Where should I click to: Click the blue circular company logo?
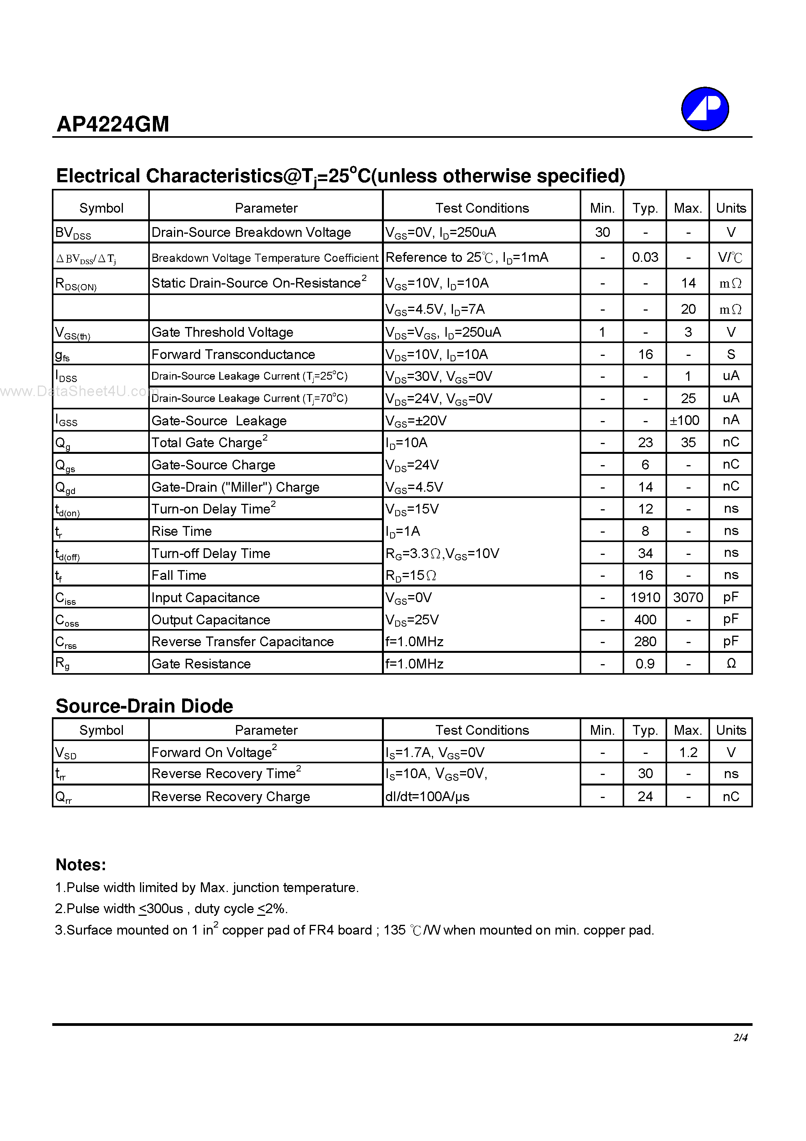click(705, 109)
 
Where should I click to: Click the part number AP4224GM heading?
click(113, 124)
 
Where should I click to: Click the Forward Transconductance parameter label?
click(233, 354)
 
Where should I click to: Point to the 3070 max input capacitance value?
click(688, 597)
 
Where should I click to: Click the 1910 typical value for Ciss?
click(644, 597)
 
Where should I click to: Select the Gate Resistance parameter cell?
click(201, 664)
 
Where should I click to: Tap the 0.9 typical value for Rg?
click(644, 664)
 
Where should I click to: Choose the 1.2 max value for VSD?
click(688, 752)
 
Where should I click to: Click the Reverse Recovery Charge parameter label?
click(231, 796)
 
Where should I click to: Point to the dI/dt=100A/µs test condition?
click(427, 796)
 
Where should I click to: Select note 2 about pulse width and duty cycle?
click(171, 909)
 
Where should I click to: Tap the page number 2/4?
click(740, 1037)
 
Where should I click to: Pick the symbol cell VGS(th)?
click(73, 332)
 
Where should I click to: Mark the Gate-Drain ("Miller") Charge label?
click(235, 487)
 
